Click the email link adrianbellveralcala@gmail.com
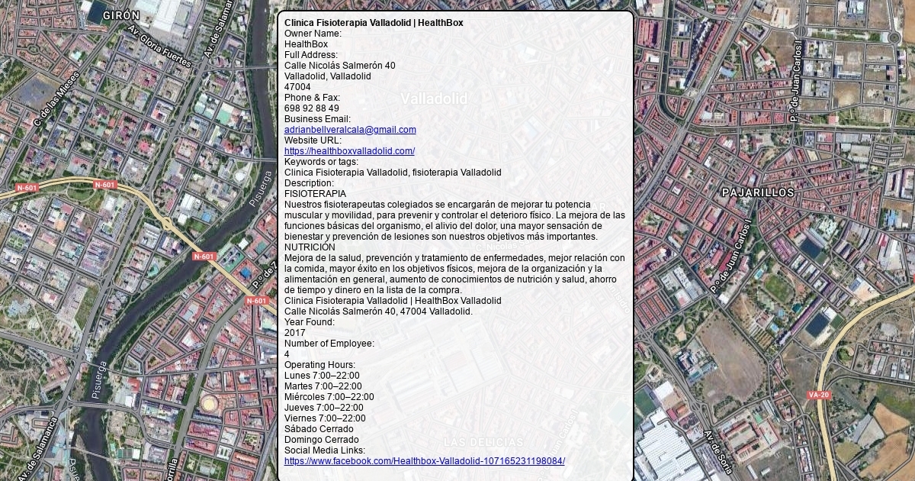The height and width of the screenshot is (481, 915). click(x=350, y=130)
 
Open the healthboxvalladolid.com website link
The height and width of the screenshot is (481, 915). click(x=349, y=151)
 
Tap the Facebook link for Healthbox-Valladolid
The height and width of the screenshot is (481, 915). click(x=424, y=461)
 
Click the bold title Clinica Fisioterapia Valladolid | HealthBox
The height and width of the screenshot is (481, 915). click(x=374, y=23)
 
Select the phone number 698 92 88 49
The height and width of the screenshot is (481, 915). click(x=312, y=108)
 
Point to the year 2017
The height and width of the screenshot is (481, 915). click(x=294, y=333)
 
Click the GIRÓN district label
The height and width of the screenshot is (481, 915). click(x=121, y=15)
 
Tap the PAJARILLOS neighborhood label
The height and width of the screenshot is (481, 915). click(x=758, y=192)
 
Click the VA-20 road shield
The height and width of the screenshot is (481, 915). click(x=818, y=395)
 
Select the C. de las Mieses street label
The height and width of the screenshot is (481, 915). click(x=56, y=99)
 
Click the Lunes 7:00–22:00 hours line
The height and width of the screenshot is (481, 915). click(x=322, y=376)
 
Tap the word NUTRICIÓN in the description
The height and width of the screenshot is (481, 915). click(x=310, y=247)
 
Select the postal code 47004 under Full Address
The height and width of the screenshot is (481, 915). click(x=297, y=87)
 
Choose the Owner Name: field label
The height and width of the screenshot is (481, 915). click(x=313, y=34)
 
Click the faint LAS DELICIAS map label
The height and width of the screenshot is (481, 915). click(x=483, y=442)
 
